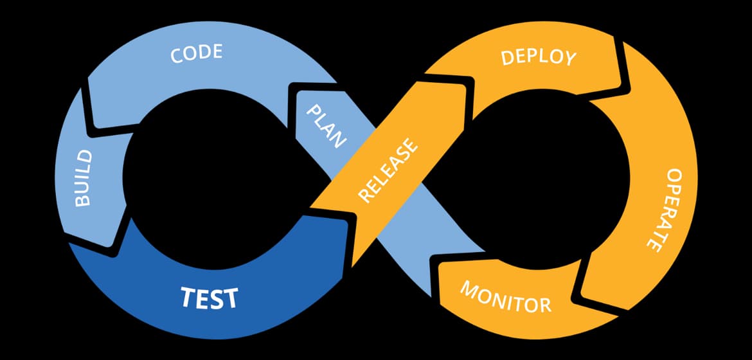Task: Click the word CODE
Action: tap(196, 53)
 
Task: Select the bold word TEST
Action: tap(209, 298)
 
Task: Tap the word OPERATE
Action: tap(662, 210)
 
